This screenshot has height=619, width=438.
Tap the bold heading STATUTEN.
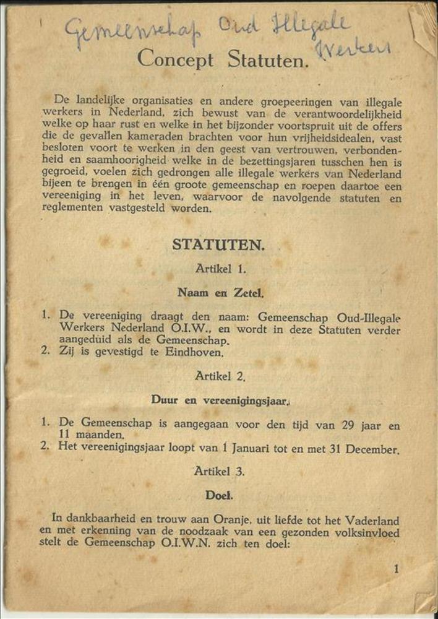pos(218,245)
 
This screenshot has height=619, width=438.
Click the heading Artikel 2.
pos(220,376)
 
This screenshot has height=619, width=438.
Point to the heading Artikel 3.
pos(220,472)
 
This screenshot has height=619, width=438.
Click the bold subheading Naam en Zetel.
pos(220,293)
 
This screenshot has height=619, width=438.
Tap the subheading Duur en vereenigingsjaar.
pos(220,400)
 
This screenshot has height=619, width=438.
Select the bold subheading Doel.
pos(220,496)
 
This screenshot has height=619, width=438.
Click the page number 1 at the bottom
pos(396,569)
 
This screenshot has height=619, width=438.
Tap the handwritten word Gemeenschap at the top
pos(132,32)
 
